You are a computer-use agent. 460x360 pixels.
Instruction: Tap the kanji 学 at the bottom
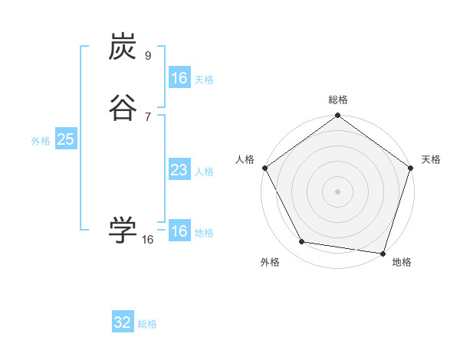123,230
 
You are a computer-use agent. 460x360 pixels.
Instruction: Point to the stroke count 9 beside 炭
148,56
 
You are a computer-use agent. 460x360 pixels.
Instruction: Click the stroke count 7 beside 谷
148,116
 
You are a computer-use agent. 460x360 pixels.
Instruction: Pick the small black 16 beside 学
148,240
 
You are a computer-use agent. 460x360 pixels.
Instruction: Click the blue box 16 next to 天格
179,78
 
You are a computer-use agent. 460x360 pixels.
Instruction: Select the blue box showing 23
179,170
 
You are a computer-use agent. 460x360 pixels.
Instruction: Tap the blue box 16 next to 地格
179,231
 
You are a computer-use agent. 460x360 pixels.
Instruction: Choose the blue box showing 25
65,139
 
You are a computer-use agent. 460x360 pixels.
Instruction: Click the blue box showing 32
123,322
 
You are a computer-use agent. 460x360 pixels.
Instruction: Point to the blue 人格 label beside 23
204,172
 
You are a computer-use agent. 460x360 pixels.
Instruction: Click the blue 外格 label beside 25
41,141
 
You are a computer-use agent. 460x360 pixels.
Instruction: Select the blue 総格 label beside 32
147,324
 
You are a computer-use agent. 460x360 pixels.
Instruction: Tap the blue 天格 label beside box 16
204,80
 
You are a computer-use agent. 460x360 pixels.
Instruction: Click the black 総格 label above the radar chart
338,100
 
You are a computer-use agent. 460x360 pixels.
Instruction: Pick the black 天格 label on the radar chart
431,159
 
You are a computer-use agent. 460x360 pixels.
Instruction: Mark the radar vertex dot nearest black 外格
302,242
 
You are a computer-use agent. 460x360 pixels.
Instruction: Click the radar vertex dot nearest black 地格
383,252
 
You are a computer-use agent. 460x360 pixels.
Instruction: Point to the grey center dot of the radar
338,191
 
